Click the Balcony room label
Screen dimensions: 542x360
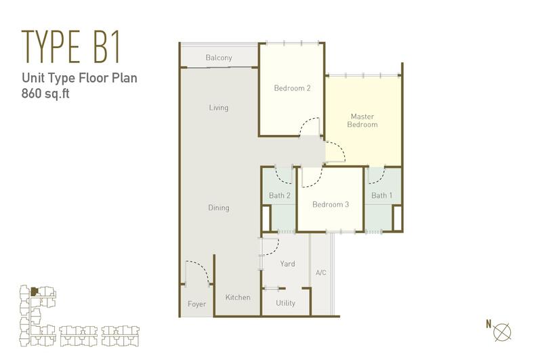pyautogui.click(x=218, y=58)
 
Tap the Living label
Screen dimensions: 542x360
pyautogui.click(x=218, y=108)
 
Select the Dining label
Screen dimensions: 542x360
pyautogui.click(x=218, y=207)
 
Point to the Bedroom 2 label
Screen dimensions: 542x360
pyautogui.click(x=292, y=88)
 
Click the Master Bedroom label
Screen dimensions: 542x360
pyautogui.click(x=362, y=121)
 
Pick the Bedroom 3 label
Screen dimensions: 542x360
pyautogui.click(x=331, y=204)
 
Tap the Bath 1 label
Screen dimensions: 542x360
pyautogui.click(x=381, y=195)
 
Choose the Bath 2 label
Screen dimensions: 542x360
pyautogui.click(x=279, y=195)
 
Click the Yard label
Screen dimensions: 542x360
pyautogui.click(x=287, y=264)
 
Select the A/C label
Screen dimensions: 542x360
pyautogui.click(x=320, y=273)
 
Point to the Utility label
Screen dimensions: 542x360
pyautogui.click(x=285, y=303)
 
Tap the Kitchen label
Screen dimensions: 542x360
pyautogui.click(x=238, y=297)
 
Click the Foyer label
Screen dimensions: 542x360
pyautogui.click(x=196, y=304)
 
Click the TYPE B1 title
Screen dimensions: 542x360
pyautogui.click(x=71, y=46)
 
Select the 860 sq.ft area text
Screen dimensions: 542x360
pyautogui.click(x=45, y=94)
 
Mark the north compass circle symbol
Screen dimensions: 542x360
pyautogui.click(x=502, y=332)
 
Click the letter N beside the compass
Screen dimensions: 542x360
pyautogui.click(x=488, y=324)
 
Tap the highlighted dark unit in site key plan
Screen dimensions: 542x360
pyautogui.click(x=33, y=292)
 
